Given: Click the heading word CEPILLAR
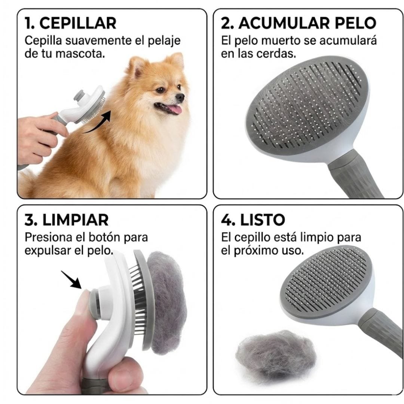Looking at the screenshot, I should [x=78, y=23].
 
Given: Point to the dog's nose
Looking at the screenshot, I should [x=180, y=97].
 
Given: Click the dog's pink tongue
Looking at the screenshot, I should [x=174, y=110].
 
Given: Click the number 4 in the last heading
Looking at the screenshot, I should [x=226, y=220].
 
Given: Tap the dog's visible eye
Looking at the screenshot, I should [x=160, y=90].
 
